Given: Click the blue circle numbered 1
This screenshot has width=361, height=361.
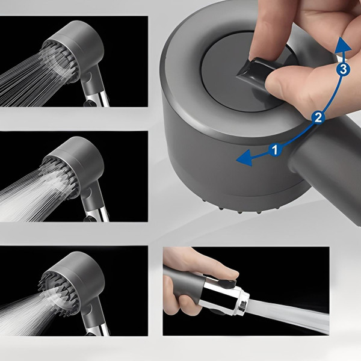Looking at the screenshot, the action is (275, 150).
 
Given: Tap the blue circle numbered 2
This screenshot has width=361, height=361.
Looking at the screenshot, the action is (318, 117).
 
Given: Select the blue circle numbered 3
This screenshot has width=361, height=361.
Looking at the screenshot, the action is (343, 69).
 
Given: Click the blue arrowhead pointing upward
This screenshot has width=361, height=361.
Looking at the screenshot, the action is (343, 46).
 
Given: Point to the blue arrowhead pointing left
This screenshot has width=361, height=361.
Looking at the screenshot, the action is (244, 158).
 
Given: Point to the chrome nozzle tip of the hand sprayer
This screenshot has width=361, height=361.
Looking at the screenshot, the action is (242, 301).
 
